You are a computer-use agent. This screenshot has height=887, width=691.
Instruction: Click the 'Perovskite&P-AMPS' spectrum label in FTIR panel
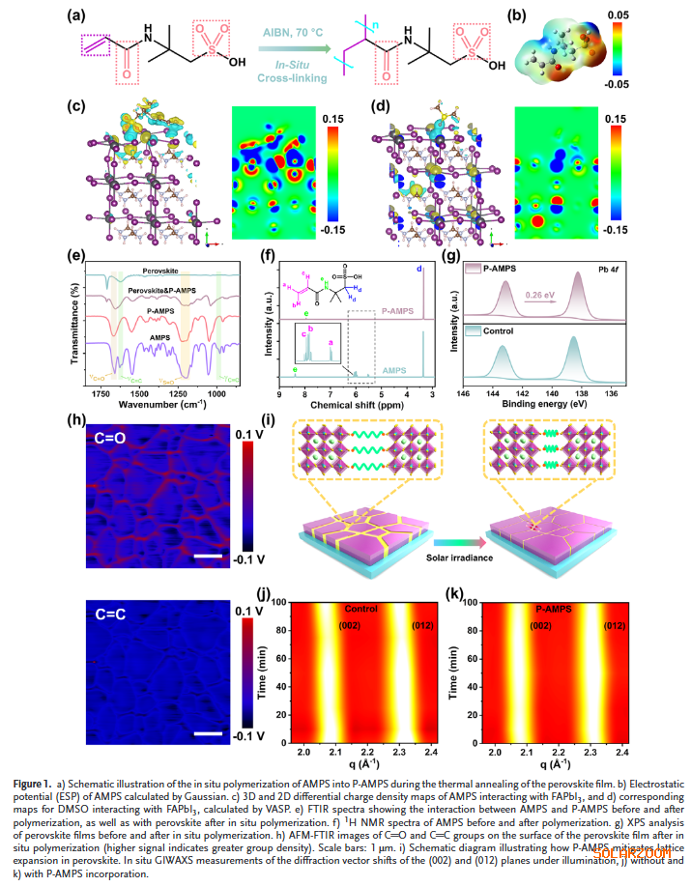coord(161,290)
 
